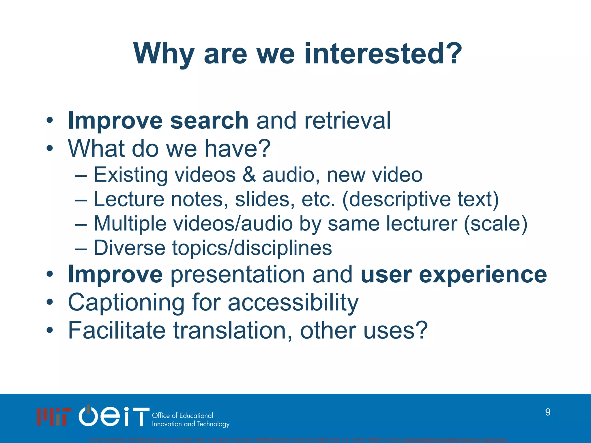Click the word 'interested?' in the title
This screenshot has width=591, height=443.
383,54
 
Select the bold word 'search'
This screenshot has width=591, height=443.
209,121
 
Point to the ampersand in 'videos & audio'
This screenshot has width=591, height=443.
249,175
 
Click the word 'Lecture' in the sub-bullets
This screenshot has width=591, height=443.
129,199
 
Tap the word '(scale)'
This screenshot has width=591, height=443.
495,224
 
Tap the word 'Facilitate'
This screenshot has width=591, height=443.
117,331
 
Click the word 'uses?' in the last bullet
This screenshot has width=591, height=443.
395,331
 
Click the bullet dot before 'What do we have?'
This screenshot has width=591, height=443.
50,149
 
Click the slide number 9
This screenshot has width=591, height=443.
547,412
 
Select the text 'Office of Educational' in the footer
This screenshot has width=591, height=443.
182,416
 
